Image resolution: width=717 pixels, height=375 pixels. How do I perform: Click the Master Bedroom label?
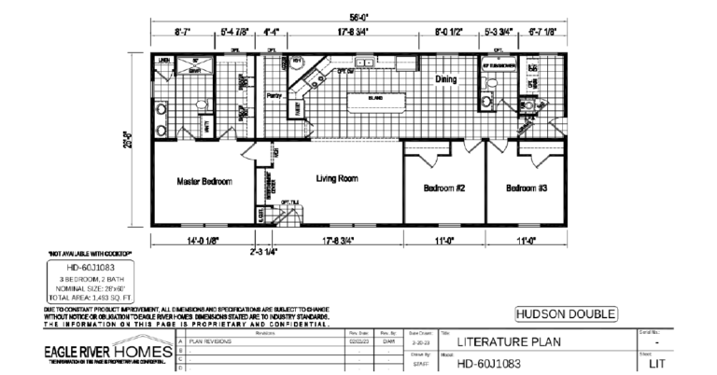pos(204,181)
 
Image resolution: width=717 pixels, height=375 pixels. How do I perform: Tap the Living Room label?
pos(338,177)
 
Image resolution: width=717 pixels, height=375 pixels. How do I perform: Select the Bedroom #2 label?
pos(444,187)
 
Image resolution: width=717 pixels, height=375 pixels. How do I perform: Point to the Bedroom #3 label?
pos(527,187)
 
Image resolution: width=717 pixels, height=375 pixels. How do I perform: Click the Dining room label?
pos(446,79)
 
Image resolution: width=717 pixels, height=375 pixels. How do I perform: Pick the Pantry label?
pos(274,96)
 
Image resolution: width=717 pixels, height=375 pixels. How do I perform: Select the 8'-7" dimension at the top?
pos(183,32)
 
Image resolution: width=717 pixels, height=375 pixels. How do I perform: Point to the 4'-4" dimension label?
pos(272,32)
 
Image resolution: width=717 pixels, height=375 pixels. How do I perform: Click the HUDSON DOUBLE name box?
pos(566,313)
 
